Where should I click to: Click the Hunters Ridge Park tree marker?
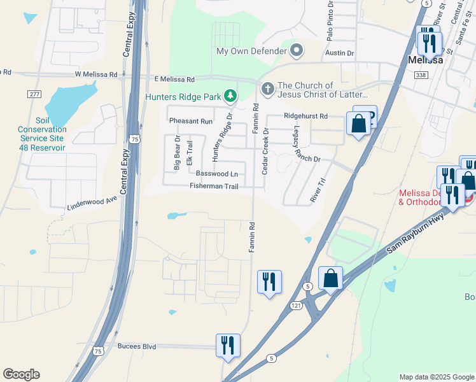coord(230,97)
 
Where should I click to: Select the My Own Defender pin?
coord(296,50)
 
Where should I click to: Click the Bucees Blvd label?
coord(137,346)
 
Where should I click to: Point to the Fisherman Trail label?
coord(214,186)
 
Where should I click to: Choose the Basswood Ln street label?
coord(217,173)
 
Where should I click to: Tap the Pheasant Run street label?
coord(190,121)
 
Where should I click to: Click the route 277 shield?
coord(34,94)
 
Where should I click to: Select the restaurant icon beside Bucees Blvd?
coord(228,344)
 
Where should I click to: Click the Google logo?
coord(21,374)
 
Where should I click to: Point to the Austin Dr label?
coord(335,53)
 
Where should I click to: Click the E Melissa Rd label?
coord(174,79)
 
